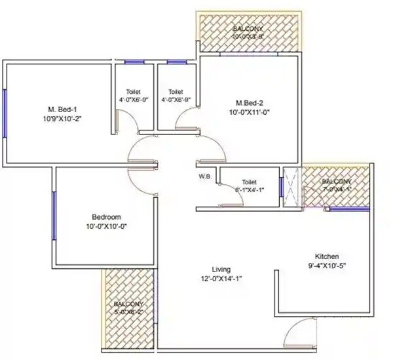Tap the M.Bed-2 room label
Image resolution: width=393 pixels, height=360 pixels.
250,103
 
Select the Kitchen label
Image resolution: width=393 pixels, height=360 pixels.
326,256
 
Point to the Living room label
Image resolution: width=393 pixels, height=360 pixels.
221,269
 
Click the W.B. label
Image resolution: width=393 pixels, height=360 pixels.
204,176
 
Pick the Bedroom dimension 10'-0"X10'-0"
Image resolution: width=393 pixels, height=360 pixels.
106,227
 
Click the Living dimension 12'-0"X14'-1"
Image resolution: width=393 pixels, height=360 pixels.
221,278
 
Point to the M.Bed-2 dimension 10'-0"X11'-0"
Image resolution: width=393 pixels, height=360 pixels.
250,112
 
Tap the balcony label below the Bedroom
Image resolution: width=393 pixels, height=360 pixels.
126,304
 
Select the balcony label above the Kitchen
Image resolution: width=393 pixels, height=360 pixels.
336,181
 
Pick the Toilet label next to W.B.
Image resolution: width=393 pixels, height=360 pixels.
249,182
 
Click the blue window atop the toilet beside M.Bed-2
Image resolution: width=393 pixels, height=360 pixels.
176,62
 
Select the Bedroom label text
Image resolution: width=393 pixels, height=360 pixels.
106,217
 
